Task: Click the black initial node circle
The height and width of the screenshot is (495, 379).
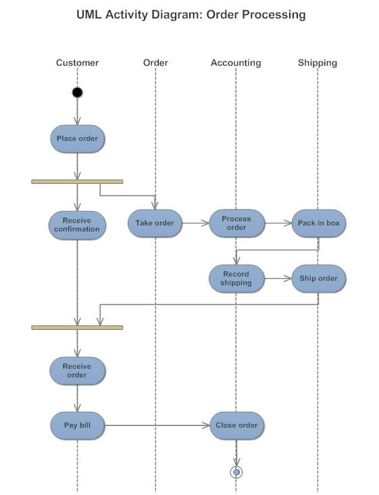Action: pyautogui.click(x=77, y=93)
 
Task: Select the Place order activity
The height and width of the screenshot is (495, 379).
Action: pyautogui.click(x=77, y=139)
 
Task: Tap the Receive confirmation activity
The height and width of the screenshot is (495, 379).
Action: pyautogui.click(x=77, y=225)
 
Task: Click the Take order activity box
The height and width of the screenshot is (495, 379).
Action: pyautogui.click(x=155, y=223)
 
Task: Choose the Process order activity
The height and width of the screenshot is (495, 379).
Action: pyautogui.click(x=236, y=223)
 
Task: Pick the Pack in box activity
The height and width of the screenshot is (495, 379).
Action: pyautogui.click(x=318, y=223)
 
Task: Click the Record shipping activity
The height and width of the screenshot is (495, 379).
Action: pyautogui.click(x=236, y=279)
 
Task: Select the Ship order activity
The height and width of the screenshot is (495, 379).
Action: pyautogui.click(x=318, y=279)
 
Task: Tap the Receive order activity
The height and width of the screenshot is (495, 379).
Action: pyautogui.click(x=77, y=371)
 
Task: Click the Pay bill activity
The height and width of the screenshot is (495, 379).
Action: pyautogui.click(x=77, y=425)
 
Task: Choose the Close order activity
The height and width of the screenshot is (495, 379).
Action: pyautogui.click(x=236, y=425)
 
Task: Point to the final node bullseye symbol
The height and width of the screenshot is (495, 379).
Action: pyautogui.click(x=236, y=471)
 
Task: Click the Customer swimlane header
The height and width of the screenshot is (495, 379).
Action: pyautogui.click(x=77, y=63)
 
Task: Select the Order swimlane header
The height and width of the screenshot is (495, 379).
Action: pyautogui.click(x=155, y=63)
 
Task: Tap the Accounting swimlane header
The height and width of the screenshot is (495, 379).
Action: pyautogui.click(x=236, y=63)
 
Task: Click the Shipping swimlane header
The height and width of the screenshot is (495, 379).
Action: pyautogui.click(x=318, y=63)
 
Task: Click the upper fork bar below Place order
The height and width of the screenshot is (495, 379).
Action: pyautogui.click(x=77, y=181)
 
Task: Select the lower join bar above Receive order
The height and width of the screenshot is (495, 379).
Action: pyautogui.click(x=77, y=327)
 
